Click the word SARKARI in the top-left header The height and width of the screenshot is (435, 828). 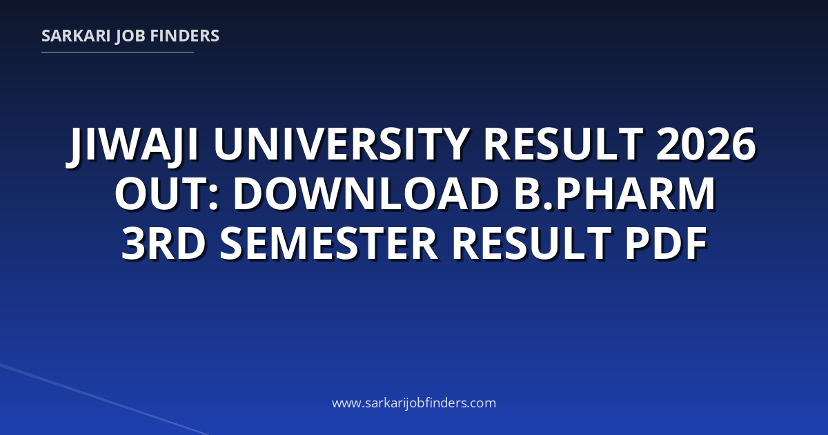coord(76,36)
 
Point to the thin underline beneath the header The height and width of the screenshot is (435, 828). coord(117,52)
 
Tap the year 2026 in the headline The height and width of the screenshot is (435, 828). coord(706,144)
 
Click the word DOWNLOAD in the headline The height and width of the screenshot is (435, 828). coord(366,193)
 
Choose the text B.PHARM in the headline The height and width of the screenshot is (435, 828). coord(615,193)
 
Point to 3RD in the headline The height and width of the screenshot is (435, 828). coord(164,243)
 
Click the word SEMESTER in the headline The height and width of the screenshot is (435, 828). coord(329,243)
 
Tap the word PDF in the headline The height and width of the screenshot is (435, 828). coord(666,243)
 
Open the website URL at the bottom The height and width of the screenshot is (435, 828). coord(414,403)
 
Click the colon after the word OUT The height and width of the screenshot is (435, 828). coord(213,199)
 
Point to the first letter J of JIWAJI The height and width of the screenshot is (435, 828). coord(76,147)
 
